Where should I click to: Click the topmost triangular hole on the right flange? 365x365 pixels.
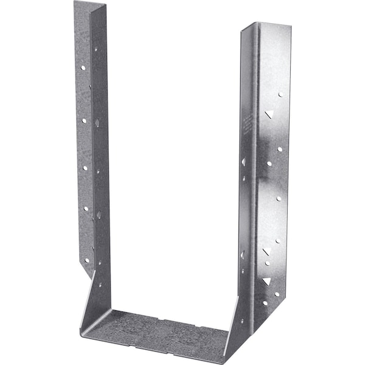(x=268, y=114)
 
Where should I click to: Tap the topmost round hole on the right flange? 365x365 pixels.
(x=280, y=94)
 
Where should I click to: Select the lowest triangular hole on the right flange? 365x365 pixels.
(x=266, y=281)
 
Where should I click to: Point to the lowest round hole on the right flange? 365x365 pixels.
(x=265, y=302)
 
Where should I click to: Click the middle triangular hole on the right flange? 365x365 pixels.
(x=266, y=251)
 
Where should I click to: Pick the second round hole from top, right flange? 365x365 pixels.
(x=279, y=148)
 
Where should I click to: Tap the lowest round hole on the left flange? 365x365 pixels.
(x=86, y=260)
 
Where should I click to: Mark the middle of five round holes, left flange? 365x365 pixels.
(x=84, y=167)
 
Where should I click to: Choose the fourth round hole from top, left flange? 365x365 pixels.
(x=85, y=209)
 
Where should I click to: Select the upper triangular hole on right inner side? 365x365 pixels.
(x=243, y=162)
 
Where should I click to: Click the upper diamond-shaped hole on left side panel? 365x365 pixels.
(x=97, y=123)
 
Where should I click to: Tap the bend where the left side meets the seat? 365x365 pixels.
(x=88, y=322)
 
